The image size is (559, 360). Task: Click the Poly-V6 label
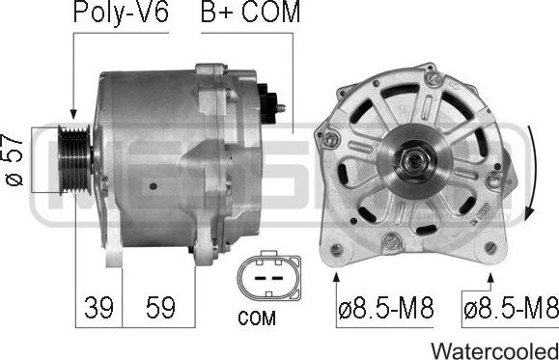tap(121, 14)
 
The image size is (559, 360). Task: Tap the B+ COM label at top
tap(251, 12)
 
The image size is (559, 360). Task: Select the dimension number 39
tap(98, 307)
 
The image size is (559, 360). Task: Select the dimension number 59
tap(160, 307)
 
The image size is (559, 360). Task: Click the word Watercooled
tap(495, 350)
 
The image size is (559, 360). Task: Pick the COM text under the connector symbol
tap(257, 318)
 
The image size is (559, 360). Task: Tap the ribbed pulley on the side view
tap(75, 159)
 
